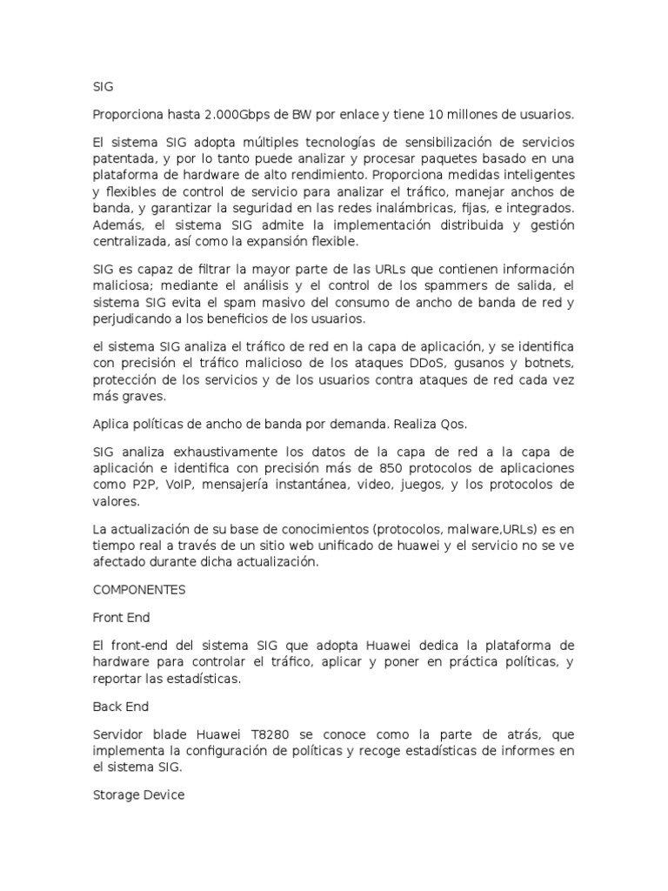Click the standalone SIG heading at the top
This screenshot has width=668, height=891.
(103, 87)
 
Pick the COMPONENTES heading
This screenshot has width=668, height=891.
(139, 590)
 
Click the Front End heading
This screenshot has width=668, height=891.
(121, 618)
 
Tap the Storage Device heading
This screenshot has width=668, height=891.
(138, 795)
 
